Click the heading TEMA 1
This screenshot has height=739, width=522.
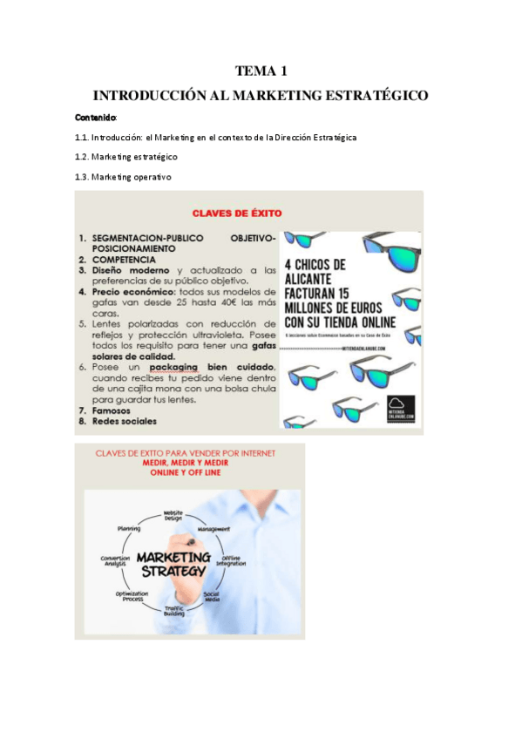pyautogui.click(x=261, y=71)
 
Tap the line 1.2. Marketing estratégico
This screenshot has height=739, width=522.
pyautogui.click(x=126, y=157)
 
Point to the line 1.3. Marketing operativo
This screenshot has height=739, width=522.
pyautogui.click(x=123, y=177)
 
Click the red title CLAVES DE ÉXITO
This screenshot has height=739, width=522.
pyautogui.click(x=236, y=211)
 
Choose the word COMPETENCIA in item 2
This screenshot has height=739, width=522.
pyautogui.click(x=124, y=259)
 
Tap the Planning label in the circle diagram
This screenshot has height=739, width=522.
pyautogui.click(x=129, y=528)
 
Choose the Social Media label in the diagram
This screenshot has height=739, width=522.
pyautogui.click(x=211, y=596)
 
